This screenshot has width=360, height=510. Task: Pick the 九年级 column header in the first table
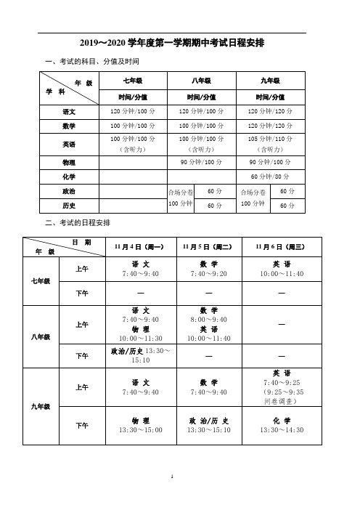tap(270, 81)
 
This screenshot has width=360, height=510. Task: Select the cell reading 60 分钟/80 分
tap(270, 177)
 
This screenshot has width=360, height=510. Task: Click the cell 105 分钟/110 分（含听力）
tap(270, 144)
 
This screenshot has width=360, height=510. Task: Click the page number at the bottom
tap(172, 478)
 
